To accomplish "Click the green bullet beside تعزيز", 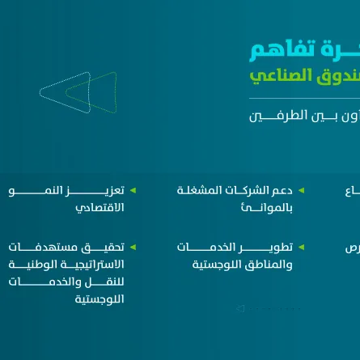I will pos(133,191).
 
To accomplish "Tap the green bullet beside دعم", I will pos(301,191).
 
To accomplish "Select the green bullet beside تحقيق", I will pos(133,247).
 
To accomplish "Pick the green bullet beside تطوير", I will pos(301,247).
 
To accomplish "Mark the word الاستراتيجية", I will pos(93,265).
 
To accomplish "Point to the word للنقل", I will pos(110,282).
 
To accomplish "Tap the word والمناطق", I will pos(269,265).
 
